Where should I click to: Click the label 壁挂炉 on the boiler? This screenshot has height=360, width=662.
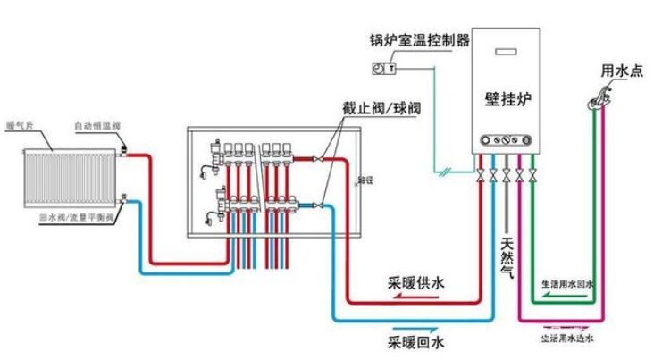pos(507,99)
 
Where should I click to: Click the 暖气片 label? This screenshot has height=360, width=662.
pos(20,126)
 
